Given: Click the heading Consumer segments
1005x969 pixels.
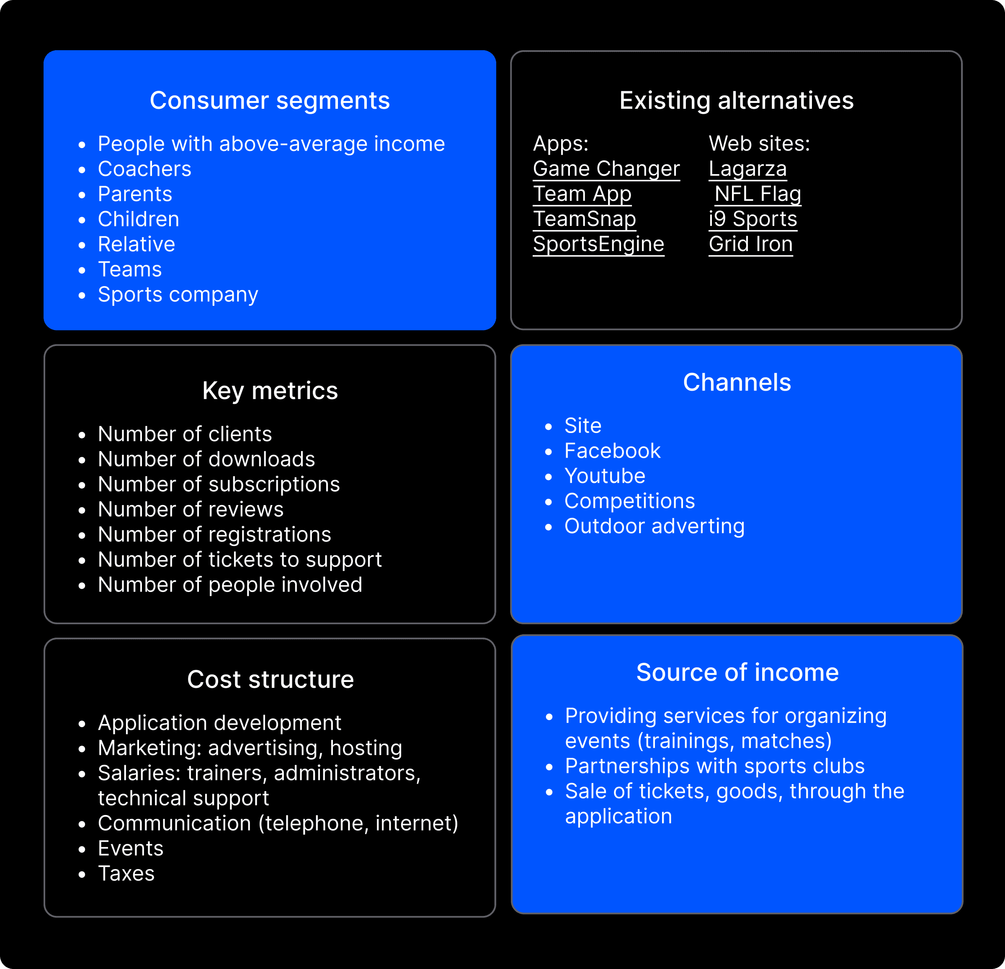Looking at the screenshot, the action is (270, 100).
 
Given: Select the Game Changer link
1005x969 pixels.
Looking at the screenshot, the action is (606, 169).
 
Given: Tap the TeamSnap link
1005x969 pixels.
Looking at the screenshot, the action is (584, 219).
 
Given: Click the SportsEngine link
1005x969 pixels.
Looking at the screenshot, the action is (598, 244).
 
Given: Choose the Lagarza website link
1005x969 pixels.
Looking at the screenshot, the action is (747, 169).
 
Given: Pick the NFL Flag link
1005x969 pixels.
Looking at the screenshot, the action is (758, 194).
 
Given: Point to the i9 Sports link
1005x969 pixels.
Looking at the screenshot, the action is (753, 219).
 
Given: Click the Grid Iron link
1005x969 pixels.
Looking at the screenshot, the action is (751, 244).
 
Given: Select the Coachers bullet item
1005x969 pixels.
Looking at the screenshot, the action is (144, 169).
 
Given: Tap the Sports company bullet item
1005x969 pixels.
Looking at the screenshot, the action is (178, 295).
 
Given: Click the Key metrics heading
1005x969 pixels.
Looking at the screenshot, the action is (270, 391).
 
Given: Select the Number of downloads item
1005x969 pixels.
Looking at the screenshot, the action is (206, 459).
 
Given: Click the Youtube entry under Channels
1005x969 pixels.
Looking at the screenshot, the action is (605, 476).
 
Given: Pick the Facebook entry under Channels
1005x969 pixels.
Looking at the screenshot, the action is (612, 451).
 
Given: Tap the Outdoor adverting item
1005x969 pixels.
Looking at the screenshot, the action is (654, 526).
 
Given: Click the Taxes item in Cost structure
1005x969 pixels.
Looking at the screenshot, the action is (126, 874).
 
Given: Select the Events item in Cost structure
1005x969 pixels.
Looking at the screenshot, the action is (130, 849).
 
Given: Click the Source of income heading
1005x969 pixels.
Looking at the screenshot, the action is (737, 672).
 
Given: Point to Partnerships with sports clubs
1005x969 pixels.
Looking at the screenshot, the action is (714, 766).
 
